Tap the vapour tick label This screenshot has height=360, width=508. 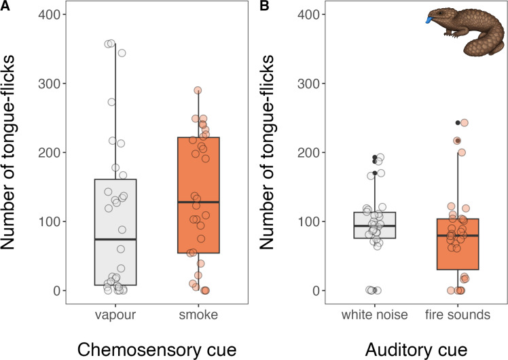pos(115,316)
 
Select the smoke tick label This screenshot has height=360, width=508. pos(198,316)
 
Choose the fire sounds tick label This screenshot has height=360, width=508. pos(459,316)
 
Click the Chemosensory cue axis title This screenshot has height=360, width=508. pos(157,348)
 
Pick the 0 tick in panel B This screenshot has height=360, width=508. pos(313,291)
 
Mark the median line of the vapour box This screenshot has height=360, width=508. pos(115,239)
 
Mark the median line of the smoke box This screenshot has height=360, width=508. pos(198,202)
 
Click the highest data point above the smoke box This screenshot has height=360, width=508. pos(198,90)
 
